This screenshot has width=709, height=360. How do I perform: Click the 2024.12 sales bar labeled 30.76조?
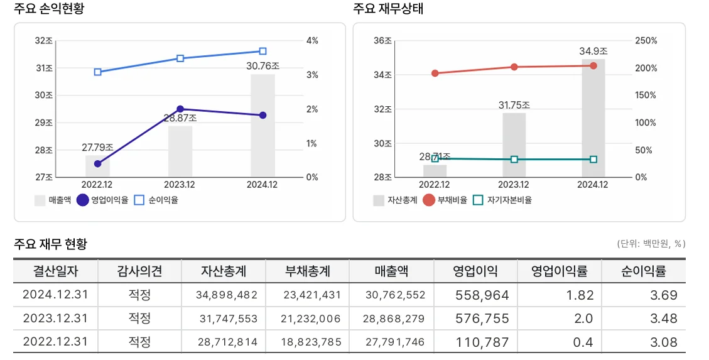[262, 126]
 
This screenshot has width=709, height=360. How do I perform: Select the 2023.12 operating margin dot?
[180, 109]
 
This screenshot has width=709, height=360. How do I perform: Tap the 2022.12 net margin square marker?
[98, 72]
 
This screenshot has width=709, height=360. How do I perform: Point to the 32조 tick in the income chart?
[44, 41]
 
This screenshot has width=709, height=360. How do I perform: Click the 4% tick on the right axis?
[311, 41]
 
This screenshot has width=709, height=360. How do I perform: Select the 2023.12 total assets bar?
[514, 145]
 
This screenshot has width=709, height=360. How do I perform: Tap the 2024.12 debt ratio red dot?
[593, 65]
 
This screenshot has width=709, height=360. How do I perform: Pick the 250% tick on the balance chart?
[646, 41]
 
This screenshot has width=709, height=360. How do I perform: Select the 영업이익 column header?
[475, 271]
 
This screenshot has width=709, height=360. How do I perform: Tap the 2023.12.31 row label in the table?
[55, 319]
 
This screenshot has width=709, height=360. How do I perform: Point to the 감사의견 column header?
[139, 271]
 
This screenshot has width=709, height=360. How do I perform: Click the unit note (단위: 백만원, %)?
[651, 244]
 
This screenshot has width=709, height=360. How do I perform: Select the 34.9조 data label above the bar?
[593, 51]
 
